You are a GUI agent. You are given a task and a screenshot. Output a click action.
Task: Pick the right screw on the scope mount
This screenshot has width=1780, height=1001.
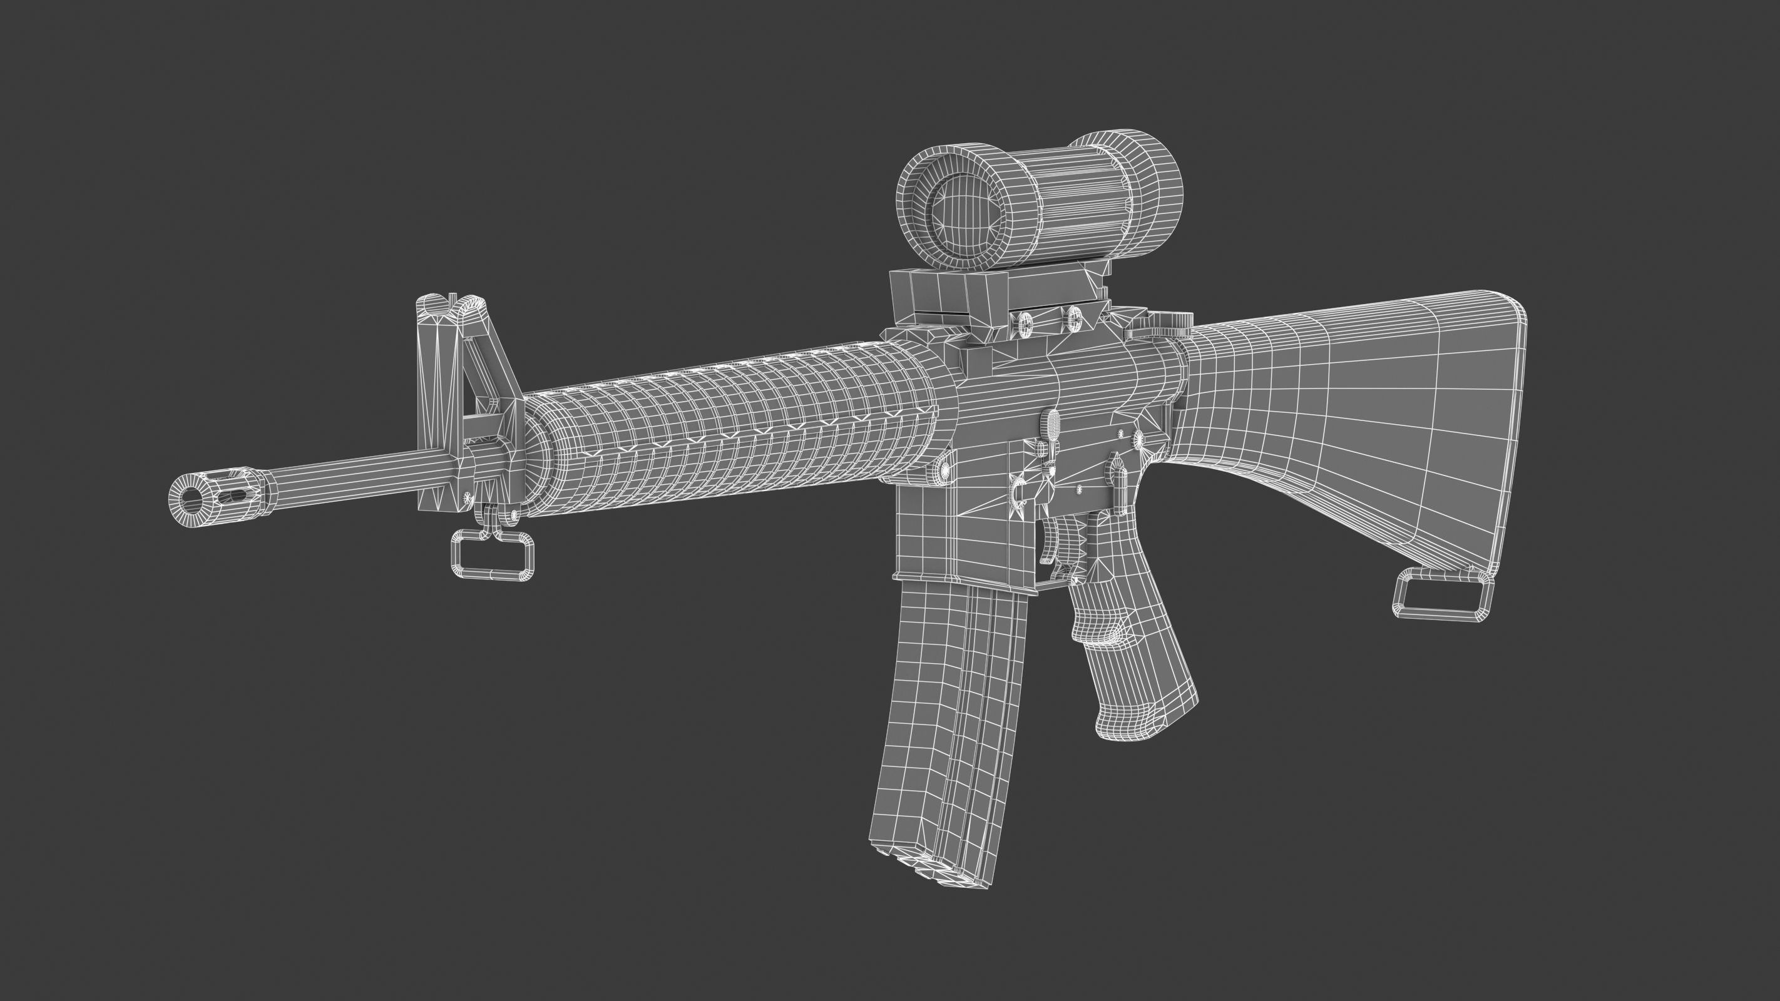[x=1074, y=318]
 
